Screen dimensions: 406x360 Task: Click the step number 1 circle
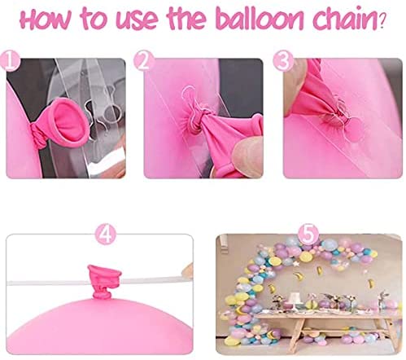[x=10, y=61]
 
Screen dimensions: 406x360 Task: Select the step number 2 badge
[x=144, y=61]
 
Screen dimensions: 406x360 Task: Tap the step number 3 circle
[x=283, y=61]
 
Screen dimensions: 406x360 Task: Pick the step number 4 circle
[x=106, y=235]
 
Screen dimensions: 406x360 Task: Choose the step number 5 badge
[x=308, y=234]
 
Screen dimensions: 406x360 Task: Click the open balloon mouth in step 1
[x=71, y=124]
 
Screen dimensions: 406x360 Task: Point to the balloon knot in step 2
[x=195, y=120]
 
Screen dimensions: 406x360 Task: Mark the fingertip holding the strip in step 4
[x=188, y=271]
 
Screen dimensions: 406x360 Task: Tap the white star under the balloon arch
[x=296, y=264]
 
